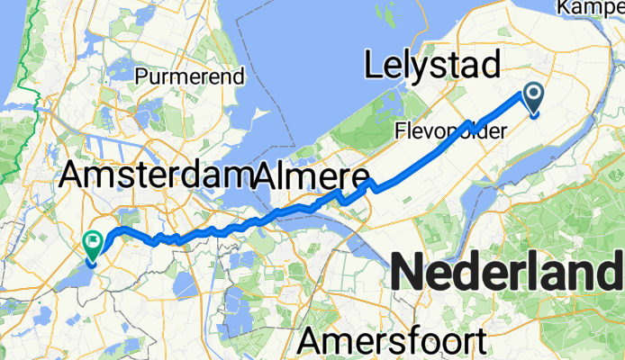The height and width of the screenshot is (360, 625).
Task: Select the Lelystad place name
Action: pyautogui.click(x=431, y=65)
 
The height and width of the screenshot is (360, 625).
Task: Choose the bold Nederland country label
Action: pyautogui.click(x=510, y=272)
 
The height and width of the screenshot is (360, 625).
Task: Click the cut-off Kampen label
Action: pyautogui.click(x=591, y=7)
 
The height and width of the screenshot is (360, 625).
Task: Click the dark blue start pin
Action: pyautogui.click(x=533, y=97)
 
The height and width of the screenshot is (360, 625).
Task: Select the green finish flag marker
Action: pyautogui.click(x=93, y=242)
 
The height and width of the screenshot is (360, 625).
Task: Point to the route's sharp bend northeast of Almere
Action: pyautogui.click(x=370, y=184)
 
